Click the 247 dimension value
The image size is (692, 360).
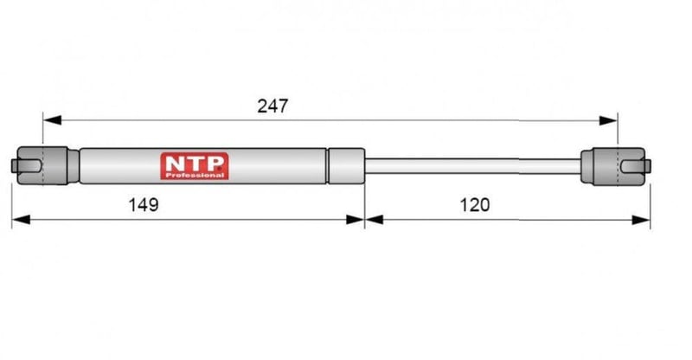(x=272, y=106)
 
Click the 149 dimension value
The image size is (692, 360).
(x=144, y=205)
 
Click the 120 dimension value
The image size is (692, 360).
(x=475, y=205)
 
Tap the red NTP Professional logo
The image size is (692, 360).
(x=195, y=166)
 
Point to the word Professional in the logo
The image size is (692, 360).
(x=195, y=176)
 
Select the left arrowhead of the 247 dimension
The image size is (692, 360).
(x=52, y=120)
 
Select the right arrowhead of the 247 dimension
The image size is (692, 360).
(x=608, y=120)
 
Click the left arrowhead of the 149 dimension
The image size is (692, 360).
(x=21, y=220)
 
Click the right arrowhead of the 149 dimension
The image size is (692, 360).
(x=356, y=220)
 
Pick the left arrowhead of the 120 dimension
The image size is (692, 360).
(x=375, y=220)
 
